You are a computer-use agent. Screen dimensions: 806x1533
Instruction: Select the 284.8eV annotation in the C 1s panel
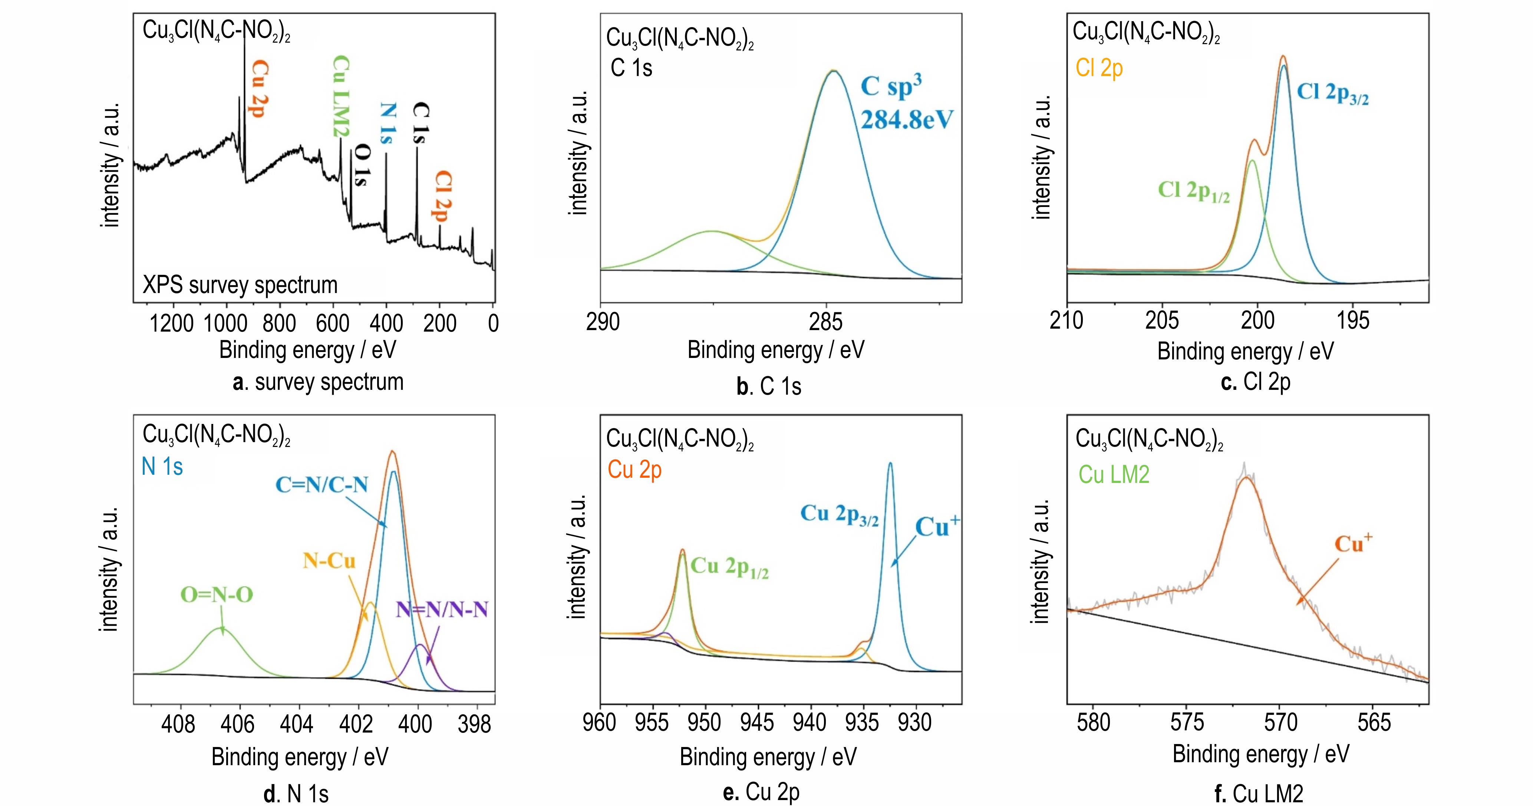click(906, 120)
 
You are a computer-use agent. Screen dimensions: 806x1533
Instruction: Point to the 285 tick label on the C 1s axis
click(825, 322)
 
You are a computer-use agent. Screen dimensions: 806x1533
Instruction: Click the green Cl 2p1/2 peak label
click(1193, 192)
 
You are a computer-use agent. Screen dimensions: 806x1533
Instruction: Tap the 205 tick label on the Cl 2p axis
click(1162, 321)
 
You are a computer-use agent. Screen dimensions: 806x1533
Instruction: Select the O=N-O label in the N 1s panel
click(217, 595)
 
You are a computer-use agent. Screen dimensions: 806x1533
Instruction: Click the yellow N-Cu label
click(329, 561)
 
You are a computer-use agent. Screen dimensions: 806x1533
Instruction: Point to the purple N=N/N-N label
click(442, 609)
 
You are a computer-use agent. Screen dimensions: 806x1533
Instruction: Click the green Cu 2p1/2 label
click(730, 567)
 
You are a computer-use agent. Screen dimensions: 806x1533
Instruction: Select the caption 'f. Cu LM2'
click(1258, 793)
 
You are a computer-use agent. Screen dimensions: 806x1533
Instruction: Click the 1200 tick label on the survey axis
click(171, 323)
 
